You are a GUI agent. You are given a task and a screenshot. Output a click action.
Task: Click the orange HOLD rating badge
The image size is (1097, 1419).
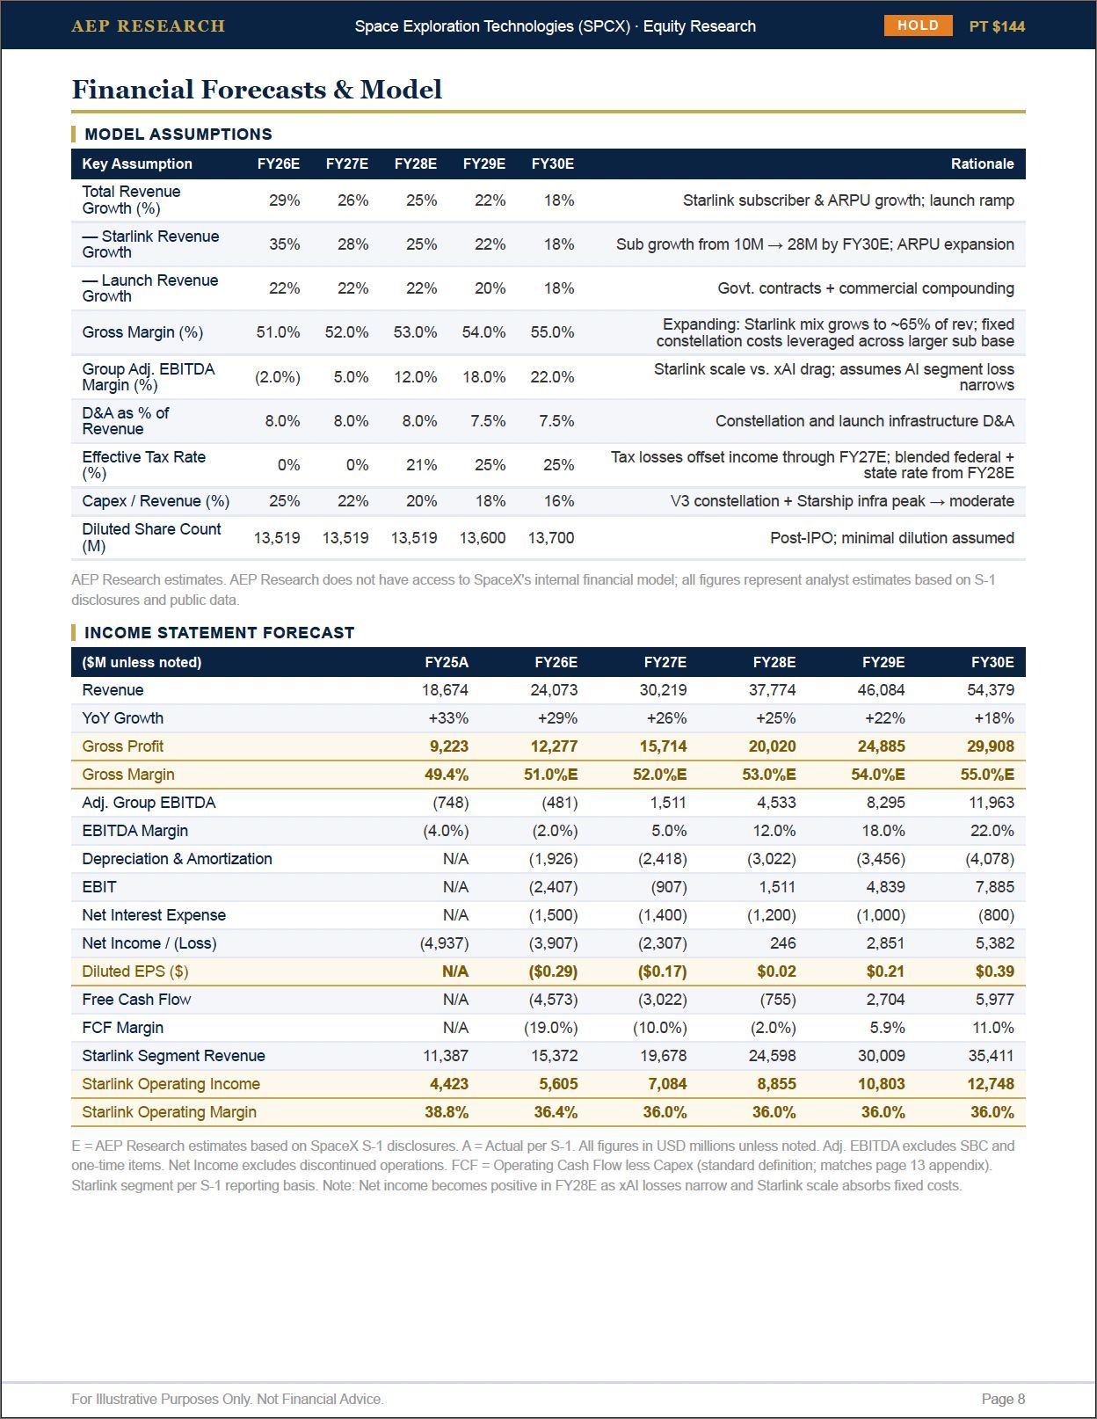tap(918, 25)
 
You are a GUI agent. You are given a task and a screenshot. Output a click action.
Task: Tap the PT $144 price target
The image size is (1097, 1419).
tap(997, 26)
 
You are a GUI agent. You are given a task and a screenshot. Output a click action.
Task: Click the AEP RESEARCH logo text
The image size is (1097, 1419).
tap(149, 26)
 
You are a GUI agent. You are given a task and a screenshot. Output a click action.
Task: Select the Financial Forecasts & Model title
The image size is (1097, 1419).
tap(257, 90)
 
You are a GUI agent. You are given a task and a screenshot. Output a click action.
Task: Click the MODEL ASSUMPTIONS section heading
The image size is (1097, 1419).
tap(178, 134)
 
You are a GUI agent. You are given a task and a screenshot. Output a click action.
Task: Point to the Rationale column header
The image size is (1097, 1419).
tap(982, 164)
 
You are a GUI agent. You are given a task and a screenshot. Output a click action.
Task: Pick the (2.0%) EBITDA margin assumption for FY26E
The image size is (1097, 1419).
tap(278, 377)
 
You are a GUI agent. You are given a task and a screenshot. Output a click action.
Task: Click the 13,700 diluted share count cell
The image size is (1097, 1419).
tap(551, 538)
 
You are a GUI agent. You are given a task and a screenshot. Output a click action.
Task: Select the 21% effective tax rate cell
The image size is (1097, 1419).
tap(422, 465)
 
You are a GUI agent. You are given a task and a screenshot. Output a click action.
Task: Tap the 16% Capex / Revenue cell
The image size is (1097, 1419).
tap(559, 501)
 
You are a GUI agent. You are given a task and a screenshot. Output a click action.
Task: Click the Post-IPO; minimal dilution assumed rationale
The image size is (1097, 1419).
tap(892, 538)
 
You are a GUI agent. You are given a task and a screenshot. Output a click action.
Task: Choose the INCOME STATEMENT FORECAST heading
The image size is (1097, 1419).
tap(219, 633)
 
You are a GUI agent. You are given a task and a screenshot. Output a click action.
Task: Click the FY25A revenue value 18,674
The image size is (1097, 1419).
tap(445, 690)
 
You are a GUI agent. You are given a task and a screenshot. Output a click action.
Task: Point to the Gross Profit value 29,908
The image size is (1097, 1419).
tap(991, 746)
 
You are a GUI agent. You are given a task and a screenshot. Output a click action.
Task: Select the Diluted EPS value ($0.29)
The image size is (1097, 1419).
tap(553, 971)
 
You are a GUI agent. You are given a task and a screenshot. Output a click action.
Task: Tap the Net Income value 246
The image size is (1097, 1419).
tap(782, 943)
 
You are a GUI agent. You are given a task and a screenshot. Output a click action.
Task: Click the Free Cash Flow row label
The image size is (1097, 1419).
tap(136, 999)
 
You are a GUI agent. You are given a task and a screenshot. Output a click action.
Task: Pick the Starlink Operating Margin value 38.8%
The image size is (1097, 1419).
tap(447, 1112)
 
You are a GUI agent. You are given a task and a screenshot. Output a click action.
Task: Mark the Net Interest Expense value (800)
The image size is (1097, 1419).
tap(996, 915)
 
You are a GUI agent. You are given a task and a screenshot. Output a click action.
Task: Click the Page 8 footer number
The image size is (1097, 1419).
tap(1003, 1399)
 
